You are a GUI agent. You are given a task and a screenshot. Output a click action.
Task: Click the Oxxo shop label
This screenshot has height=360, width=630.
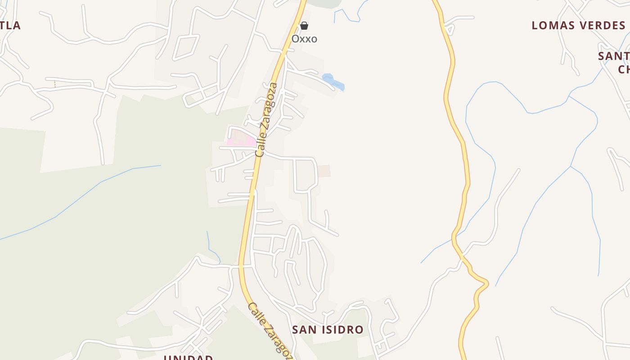click(x=304, y=39)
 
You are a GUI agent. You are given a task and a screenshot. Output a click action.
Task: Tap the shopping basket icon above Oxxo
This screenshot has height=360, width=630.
click(x=304, y=26)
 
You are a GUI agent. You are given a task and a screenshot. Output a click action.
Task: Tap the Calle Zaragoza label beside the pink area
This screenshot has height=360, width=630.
click(x=266, y=120)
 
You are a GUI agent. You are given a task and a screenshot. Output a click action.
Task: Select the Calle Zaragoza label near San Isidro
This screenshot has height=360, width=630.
click(x=270, y=331)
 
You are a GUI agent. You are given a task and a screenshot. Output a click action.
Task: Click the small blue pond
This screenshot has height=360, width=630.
click(x=333, y=82)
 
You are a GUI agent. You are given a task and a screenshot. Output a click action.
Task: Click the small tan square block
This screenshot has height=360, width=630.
click(x=324, y=171)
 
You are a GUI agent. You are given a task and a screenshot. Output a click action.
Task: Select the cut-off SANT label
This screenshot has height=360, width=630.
click(x=614, y=56)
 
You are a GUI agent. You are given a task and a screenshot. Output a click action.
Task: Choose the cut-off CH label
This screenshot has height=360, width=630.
click(x=624, y=69)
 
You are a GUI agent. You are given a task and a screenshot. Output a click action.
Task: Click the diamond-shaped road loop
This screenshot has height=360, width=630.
click(x=185, y=47)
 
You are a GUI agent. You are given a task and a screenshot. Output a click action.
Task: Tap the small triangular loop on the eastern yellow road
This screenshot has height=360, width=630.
click(x=449, y=30)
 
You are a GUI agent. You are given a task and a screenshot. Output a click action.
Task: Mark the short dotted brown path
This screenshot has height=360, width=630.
click(x=55, y=84)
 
